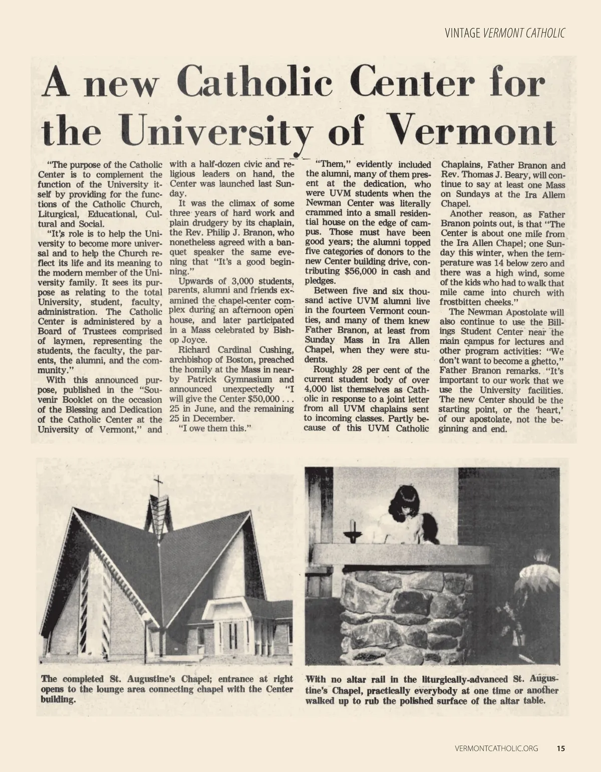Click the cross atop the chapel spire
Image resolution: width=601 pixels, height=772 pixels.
[x=159, y=485]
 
